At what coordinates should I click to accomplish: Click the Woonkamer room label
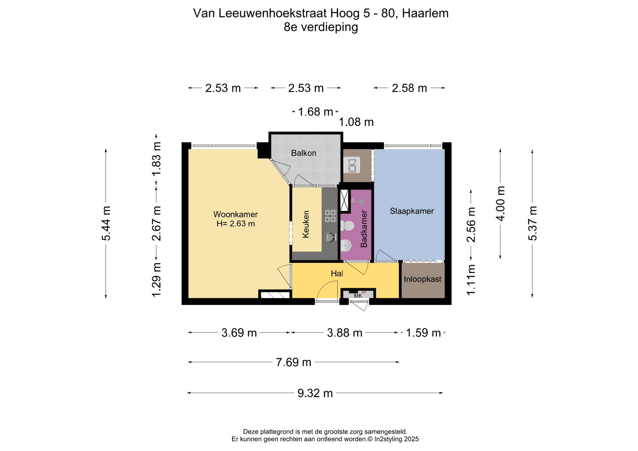[x=235, y=215]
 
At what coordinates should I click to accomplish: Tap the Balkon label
[x=303, y=153]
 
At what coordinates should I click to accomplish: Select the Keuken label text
[x=306, y=224]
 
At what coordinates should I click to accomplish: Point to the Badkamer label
[x=364, y=229]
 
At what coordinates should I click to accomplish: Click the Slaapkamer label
[x=412, y=211]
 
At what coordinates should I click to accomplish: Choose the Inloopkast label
[x=422, y=279]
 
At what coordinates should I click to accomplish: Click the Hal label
[x=337, y=274]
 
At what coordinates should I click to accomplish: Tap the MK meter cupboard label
[x=358, y=296]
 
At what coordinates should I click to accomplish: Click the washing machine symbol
[x=352, y=165]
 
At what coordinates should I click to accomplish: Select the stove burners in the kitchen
[x=330, y=216]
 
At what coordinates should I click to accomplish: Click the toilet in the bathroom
[x=347, y=226]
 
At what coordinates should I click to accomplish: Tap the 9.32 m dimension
[x=315, y=393]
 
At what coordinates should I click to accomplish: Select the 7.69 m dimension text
[x=294, y=362]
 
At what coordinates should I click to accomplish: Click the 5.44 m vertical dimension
[x=106, y=223]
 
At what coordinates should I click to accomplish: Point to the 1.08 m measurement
[x=356, y=122]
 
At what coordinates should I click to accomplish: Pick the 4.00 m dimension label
[x=500, y=204]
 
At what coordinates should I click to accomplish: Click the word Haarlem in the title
[x=425, y=13]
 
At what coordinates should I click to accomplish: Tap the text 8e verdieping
[x=321, y=27]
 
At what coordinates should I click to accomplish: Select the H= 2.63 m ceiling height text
[x=236, y=224]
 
